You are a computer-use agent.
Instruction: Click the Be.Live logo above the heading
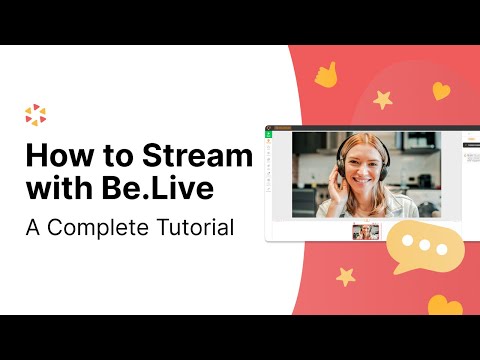click(35, 115)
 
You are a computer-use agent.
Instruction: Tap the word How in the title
click(56, 157)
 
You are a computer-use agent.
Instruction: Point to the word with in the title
click(57, 190)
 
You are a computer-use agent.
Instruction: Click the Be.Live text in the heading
click(144, 190)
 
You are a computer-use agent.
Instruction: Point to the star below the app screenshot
click(347, 275)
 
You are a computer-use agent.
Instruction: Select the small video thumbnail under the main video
click(366, 231)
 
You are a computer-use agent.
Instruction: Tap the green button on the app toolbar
click(269, 134)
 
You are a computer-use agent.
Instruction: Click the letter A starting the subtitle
click(32, 228)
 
